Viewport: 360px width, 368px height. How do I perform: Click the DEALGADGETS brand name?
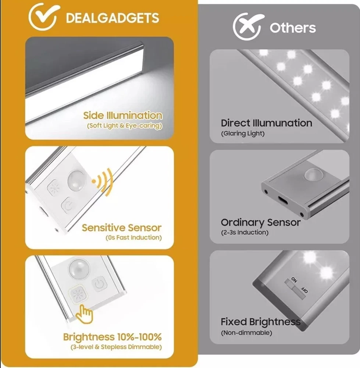tap(112, 18)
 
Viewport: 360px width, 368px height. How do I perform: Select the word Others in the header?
tap(293, 28)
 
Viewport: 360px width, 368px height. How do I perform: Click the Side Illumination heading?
tap(123, 116)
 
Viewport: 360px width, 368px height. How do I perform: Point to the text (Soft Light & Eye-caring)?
tap(125, 126)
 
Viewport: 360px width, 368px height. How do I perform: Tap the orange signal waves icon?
tap(103, 182)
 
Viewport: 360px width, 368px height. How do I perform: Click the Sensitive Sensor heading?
tap(121, 228)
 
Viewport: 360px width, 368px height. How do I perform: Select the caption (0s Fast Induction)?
tap(134, 238)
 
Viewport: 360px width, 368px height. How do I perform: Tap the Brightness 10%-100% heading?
tap(112, 337)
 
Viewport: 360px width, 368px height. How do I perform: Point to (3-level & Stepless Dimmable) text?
tap(116, 347)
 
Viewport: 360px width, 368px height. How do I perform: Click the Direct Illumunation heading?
tap(267, 123)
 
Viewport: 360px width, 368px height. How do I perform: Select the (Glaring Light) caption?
tap(243, 134)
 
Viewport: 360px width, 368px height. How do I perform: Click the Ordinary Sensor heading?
tap(261, 223)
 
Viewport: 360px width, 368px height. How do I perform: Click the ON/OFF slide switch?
tap(295, 289)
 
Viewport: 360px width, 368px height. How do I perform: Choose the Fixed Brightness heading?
tap(261, 322)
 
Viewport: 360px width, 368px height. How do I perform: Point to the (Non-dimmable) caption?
tap(246, 333)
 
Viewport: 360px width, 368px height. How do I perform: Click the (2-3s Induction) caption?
tap(245, 232)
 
